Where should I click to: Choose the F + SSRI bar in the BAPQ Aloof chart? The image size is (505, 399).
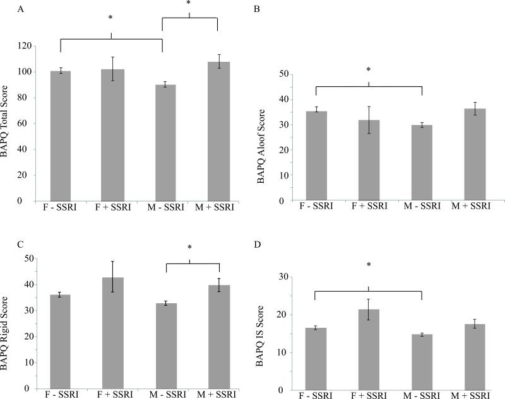click(x=369, y=160)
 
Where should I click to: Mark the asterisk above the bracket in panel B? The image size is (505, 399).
click(x=368, y=69)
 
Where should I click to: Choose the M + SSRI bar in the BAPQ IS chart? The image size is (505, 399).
click(x=474, y=357)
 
